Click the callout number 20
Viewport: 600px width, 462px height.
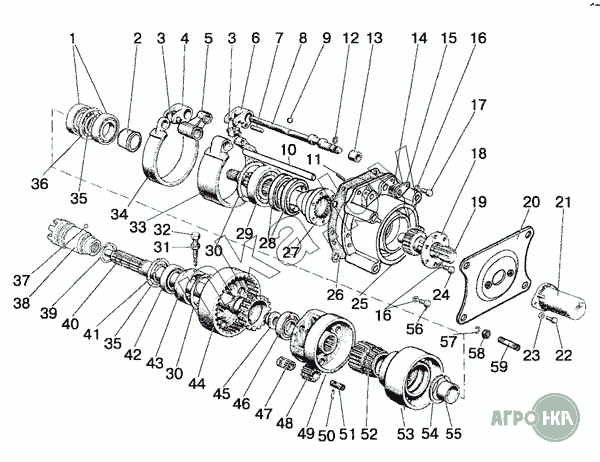click(531, 202)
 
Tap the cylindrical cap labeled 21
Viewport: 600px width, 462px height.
click(560, 300)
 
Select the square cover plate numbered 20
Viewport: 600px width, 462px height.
click(496, 273)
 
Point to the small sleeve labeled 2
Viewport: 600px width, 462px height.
click(129, 139)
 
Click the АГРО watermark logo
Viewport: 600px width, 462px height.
click(535, 416)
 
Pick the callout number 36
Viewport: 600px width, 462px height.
click(40, 184)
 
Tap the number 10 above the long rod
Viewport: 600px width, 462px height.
click(289, 149)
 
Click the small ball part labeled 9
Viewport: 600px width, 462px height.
click(290, 120)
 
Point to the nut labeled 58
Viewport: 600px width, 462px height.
click(486, 334)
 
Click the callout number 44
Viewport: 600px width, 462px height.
click(197, 383)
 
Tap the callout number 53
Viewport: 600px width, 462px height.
click(406, 434)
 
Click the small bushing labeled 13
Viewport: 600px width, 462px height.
click(355, 155)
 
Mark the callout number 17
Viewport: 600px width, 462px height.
click(478, 105)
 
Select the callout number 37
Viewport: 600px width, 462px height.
click(21, 281)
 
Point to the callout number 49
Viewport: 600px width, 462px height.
click(306, 433)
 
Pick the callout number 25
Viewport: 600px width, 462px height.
click(360, 304)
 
